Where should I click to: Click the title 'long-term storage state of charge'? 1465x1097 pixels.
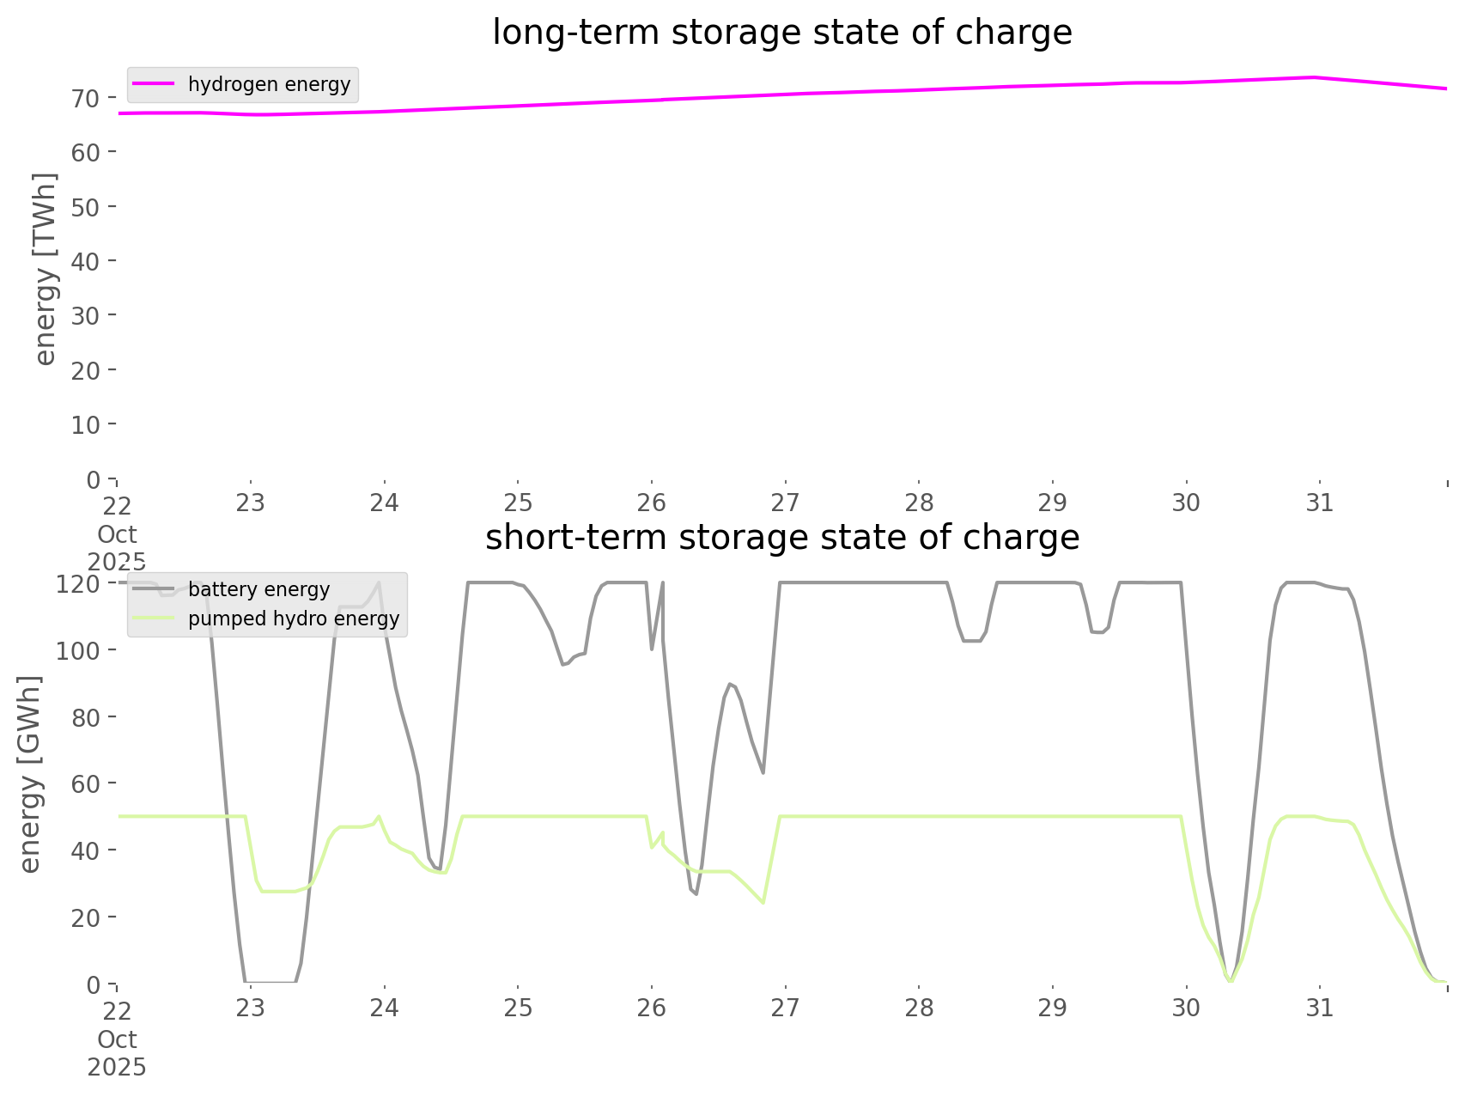coord(781,33)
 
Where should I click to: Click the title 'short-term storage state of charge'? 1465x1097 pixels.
coord(781,538)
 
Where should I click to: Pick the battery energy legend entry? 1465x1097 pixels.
coord(258,589)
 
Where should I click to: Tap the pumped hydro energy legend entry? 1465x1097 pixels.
coord(293,619)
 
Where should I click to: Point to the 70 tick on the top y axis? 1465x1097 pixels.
coord(86,98)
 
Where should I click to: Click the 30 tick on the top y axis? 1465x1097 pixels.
coord(86,315)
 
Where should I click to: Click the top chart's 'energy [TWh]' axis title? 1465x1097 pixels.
coord(46,270)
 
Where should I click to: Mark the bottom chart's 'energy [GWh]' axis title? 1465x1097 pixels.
coord(31,775)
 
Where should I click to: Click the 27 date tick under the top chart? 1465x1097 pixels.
coord(785,503)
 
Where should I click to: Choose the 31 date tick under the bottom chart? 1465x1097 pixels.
coord(1320,1008)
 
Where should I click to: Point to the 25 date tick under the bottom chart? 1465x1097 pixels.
coord(518,1008)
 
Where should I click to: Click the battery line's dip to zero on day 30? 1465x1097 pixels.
coord(1231,980)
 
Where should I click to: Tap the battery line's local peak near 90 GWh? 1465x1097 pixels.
coord(730,684)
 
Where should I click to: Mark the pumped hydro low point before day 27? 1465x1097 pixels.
coord(763,903)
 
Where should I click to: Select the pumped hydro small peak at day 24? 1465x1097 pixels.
coord(379,816)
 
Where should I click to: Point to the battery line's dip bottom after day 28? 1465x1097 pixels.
coord(971,641)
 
